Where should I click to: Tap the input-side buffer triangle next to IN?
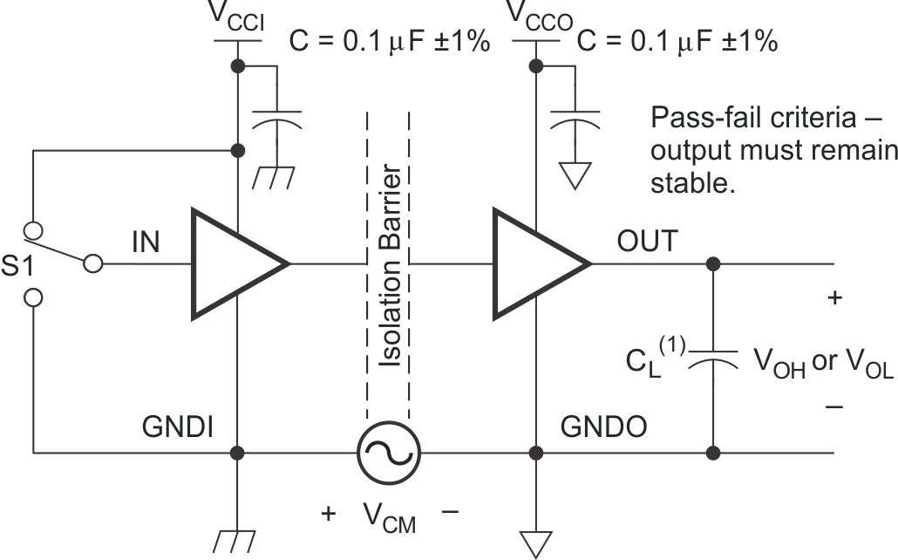(x=230, y=262)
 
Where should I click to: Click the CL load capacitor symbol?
(x=714, y=358)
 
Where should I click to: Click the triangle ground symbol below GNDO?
(x=534, y=543)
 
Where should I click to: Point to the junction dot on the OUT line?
(x=714, y=263)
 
